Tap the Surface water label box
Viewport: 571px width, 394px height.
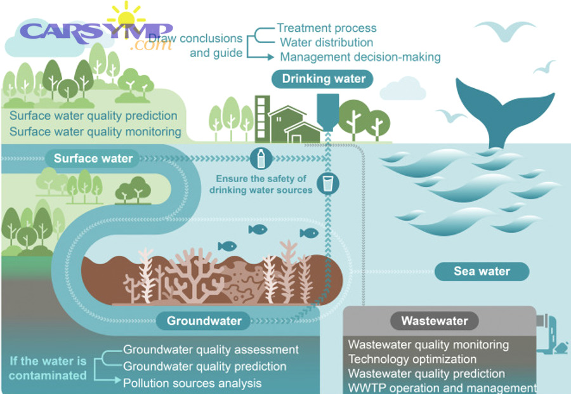click(x=93, y=158)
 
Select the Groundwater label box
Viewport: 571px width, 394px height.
click(x=204, y=320)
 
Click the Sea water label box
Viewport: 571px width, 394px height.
click(x=482, y=272)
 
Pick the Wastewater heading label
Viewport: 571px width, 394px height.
click(x=435, y=321)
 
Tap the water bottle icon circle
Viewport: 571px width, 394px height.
click(x=261, y=158)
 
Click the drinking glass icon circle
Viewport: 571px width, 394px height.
click(x=328, y=184)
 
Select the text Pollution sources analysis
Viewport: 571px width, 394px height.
click(x=192, y=383)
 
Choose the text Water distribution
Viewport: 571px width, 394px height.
click(x=327, y=43)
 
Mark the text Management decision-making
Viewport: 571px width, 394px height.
click(x=360, y=57)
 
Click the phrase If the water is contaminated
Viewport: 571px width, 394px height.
click(x=48, y=368)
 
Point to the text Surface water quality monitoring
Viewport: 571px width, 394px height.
click(x=95, y=132)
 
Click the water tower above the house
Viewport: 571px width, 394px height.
click(x=327, y=111)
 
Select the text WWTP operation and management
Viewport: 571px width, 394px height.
click(x=442, y=387)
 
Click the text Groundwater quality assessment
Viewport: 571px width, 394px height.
click(x=211, y=350)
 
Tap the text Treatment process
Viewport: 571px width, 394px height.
click(x=327, y=28)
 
